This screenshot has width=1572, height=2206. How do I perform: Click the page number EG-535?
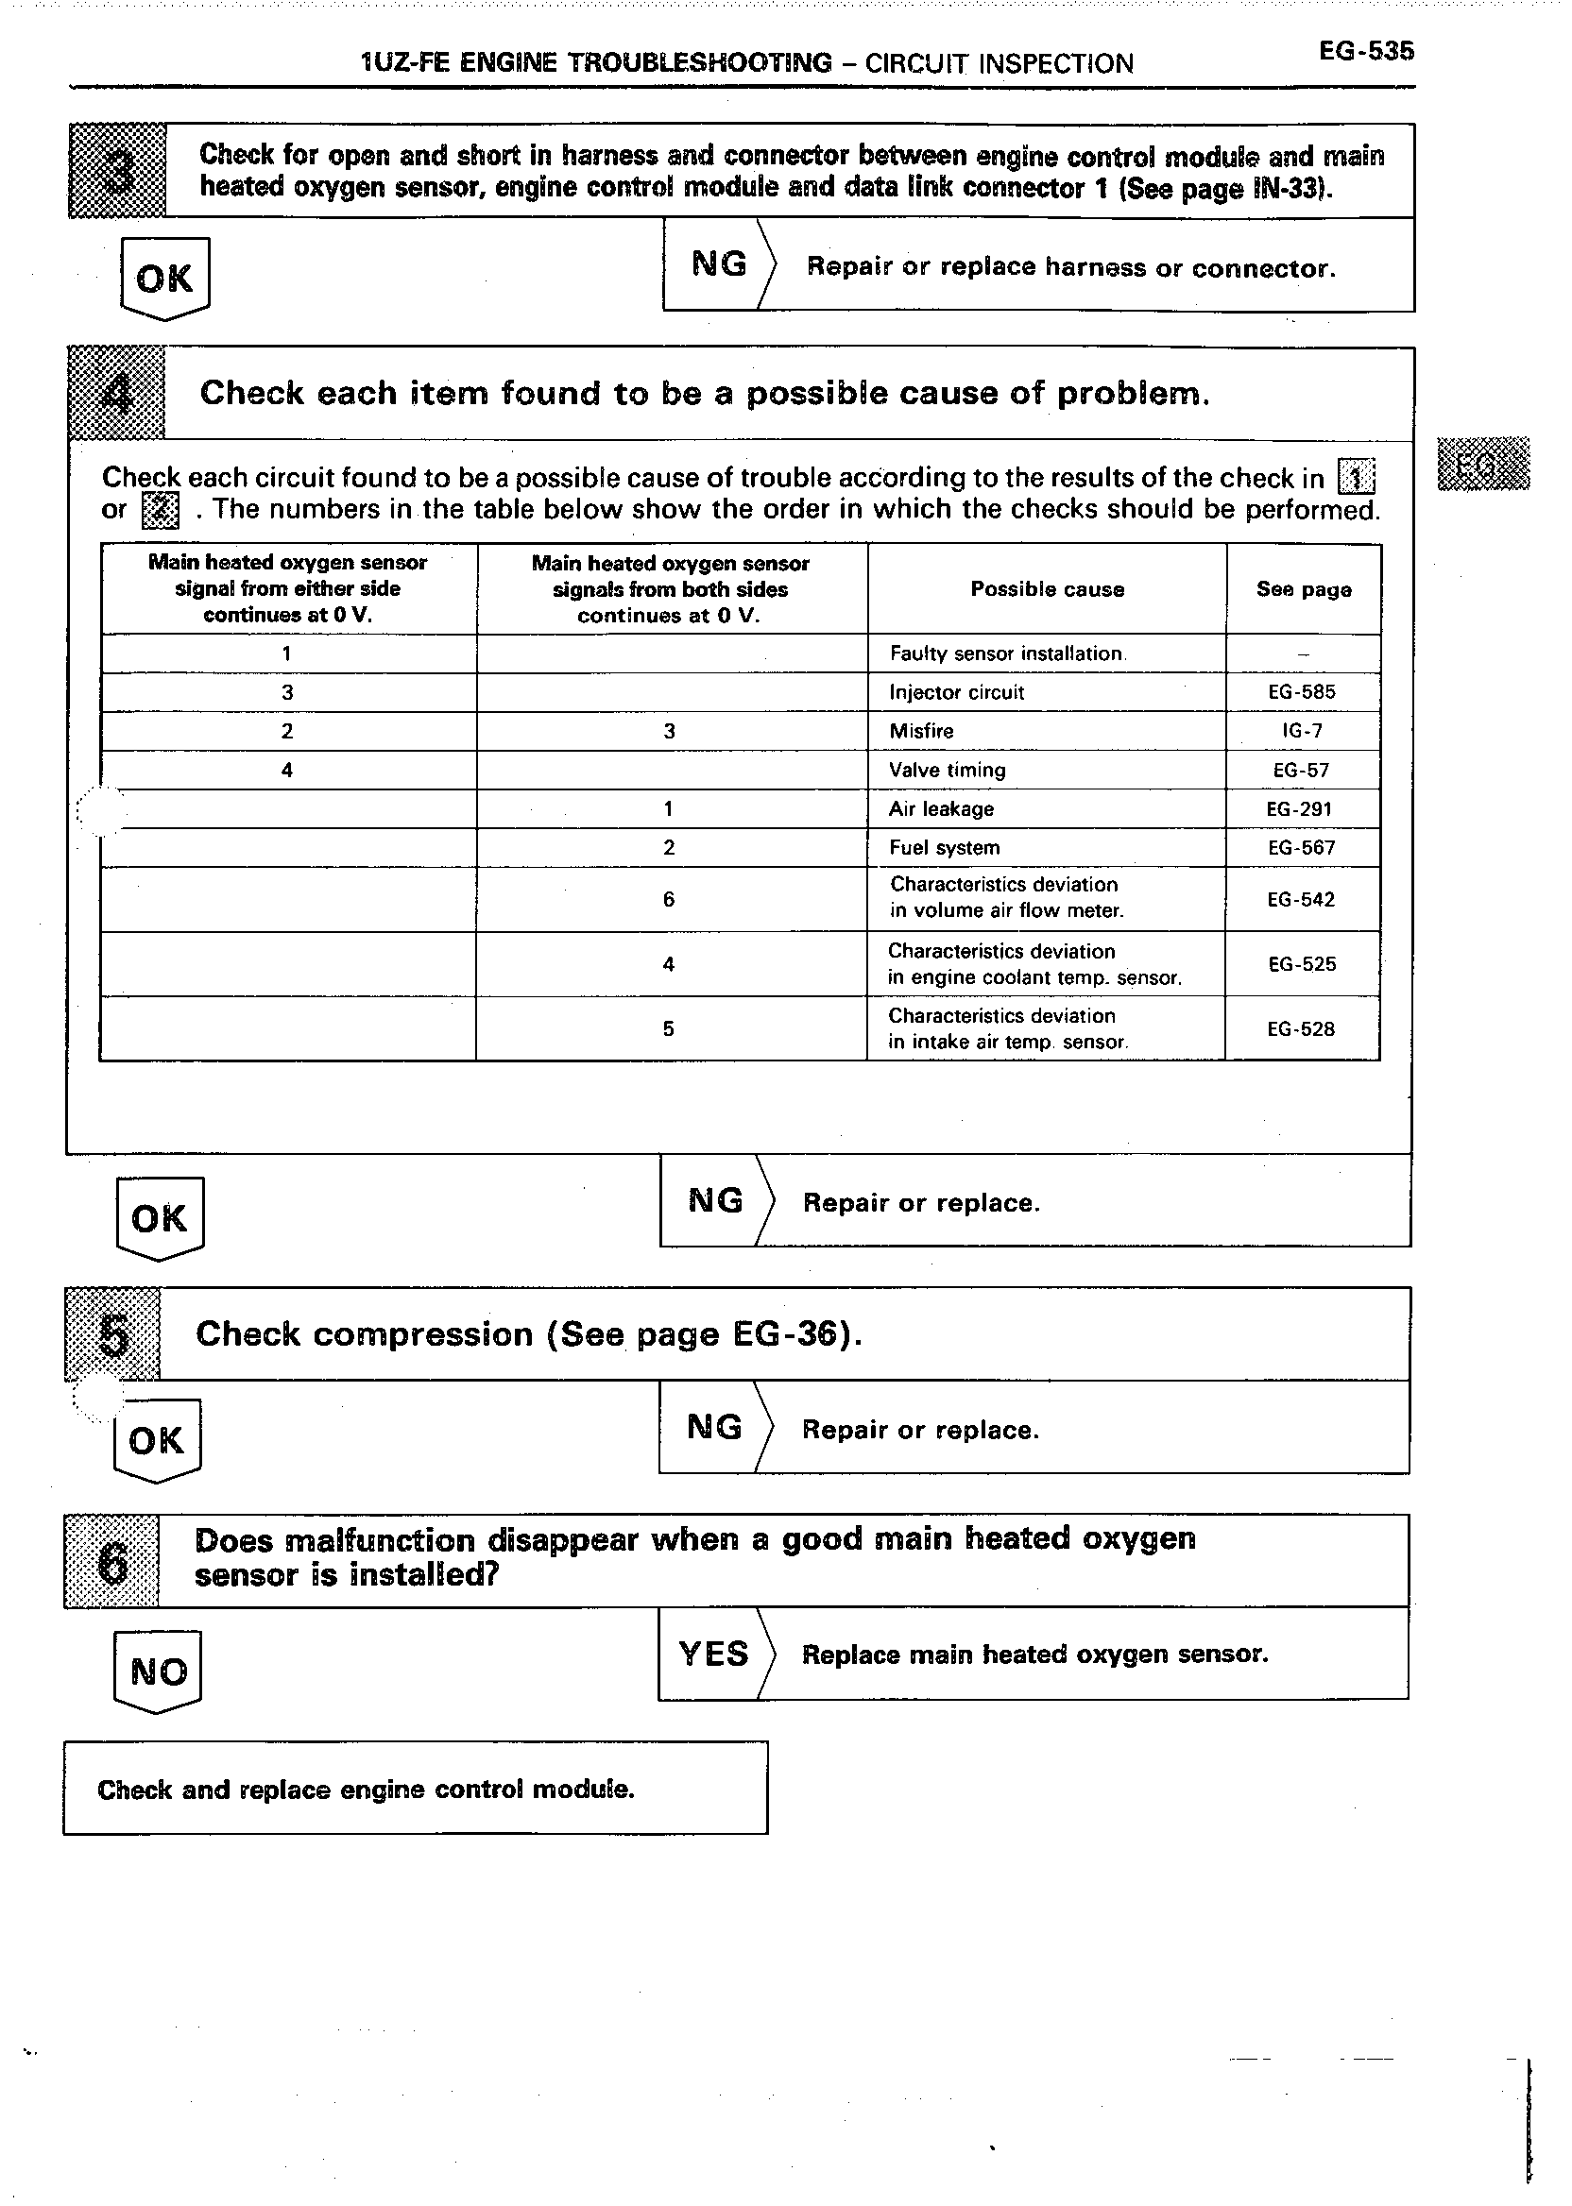(1366, 51)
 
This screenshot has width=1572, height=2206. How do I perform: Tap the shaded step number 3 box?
(117, 171)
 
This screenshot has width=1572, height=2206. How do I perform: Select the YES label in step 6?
(713, 1654)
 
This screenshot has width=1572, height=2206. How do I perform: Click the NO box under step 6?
(158, 1671)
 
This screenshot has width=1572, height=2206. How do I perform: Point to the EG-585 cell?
(1302, 692)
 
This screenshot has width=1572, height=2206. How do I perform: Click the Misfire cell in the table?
(921, 732)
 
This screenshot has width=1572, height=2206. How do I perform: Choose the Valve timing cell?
(948, 771)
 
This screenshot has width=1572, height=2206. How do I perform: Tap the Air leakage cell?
(941, 809)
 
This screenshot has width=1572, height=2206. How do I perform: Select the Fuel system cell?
(944, 848)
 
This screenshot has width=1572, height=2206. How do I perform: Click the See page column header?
(1303, 589)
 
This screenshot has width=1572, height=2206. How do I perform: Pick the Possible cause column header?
(1047, 589)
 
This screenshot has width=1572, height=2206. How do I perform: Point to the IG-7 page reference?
(1302, 732)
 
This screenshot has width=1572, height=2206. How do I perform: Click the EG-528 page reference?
(1301, 1028)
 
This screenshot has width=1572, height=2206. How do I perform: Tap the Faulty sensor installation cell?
(1007, 654)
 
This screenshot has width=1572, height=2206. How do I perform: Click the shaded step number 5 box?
(112, 1334)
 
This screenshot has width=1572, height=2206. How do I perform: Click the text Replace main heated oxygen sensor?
(1034, 1654)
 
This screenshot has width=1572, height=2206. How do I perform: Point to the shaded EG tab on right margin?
(1483, 465)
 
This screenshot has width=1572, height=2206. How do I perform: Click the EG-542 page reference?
(1301, 900)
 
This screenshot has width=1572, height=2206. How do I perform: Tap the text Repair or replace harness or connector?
(1070, 267)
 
